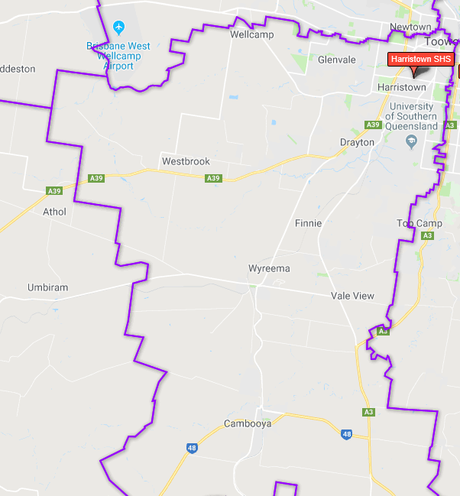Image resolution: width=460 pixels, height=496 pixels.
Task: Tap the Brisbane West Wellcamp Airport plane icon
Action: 118,28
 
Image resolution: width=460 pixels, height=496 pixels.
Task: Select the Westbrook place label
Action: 186,161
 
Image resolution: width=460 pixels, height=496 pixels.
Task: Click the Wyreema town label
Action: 269,269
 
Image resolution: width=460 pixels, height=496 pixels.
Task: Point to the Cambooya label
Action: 248,423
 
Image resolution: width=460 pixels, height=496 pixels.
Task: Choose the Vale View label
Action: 353,296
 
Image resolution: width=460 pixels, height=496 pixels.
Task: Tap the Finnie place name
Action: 308,223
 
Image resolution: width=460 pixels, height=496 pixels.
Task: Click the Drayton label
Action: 358,142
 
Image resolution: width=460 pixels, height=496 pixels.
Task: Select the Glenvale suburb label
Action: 337,59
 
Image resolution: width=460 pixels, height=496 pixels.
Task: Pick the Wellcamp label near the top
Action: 251,34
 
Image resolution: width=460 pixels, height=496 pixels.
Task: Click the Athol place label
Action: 55,212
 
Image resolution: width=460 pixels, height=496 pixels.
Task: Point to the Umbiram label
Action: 48,287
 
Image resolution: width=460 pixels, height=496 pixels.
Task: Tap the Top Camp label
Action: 420,223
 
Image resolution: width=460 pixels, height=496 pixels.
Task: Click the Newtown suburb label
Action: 410,27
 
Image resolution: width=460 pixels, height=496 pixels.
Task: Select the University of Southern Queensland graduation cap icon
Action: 411,141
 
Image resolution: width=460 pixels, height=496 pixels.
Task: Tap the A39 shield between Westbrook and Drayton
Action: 213,178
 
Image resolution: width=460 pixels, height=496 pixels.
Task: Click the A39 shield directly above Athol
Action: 53,191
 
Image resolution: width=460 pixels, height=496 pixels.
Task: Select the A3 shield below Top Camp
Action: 428,236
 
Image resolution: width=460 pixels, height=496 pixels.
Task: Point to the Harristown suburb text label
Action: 402,88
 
